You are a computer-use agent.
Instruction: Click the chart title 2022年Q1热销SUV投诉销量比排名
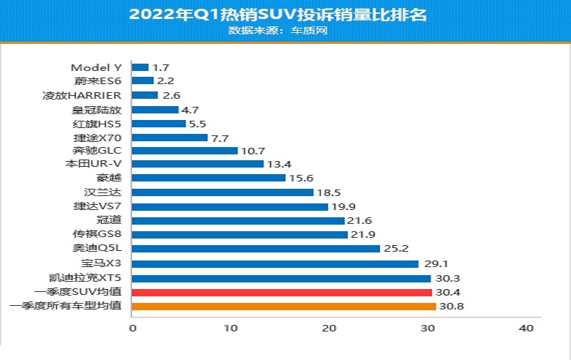pos(285,14)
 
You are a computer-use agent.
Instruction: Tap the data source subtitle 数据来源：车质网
pos(285,31)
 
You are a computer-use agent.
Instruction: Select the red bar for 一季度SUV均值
pos(282,292)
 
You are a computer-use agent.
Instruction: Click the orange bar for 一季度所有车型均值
pos(283,306)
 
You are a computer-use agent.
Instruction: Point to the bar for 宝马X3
pos(275,263)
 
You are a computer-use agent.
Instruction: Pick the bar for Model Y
pos(140,67)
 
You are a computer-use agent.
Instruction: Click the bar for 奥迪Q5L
pos(255,249)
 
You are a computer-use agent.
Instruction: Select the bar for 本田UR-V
pos(198,164)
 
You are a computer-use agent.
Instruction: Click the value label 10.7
pos(252,151)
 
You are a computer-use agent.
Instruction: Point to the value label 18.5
pos(328,192)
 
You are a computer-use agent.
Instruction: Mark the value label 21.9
pos(362,235)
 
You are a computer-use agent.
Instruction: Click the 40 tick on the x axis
pos(526,330)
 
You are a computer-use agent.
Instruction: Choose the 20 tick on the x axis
pos(329,330)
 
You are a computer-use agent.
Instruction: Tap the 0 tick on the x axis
pos(133,330)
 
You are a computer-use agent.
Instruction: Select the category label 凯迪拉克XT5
pos(84,278)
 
